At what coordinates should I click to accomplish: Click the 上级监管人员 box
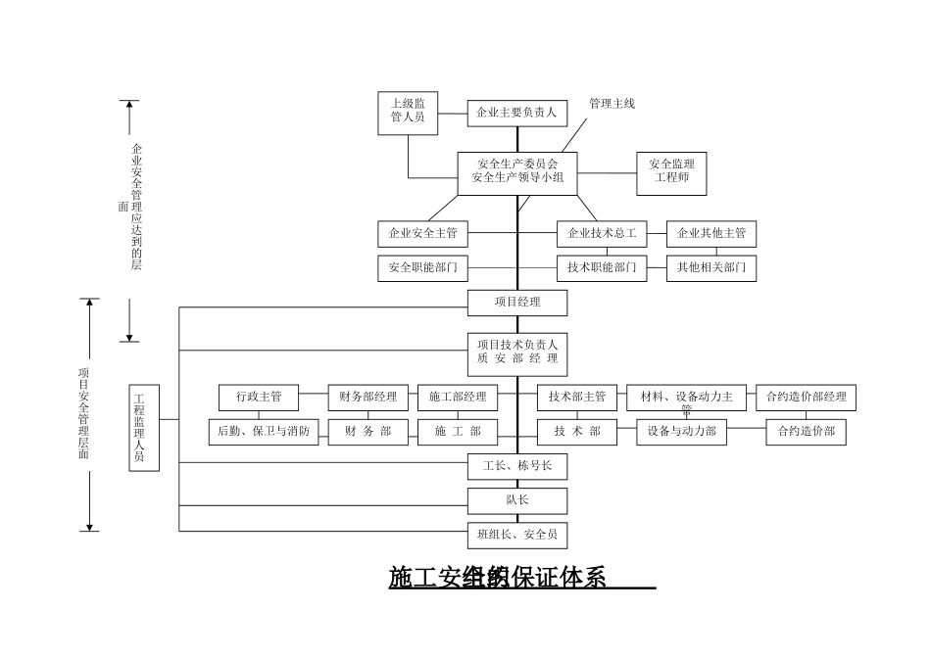point(408,111)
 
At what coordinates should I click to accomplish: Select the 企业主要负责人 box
point(516,114)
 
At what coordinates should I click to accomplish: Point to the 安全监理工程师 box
point(671,172)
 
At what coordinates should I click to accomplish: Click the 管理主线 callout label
point(612,104)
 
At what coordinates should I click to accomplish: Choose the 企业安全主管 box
point(422,234)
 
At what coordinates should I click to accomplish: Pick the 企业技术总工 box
point(603,234)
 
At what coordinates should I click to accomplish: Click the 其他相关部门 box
point(711,266)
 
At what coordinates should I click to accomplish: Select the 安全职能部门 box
point(422,266)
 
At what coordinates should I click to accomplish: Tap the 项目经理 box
point(517,303)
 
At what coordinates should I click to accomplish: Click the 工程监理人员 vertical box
point(143,429)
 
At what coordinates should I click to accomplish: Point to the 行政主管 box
point(259,398)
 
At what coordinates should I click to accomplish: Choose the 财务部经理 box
point(367,398)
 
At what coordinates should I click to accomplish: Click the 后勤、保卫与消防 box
point(265,431)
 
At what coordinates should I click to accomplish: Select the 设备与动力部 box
point(682,431)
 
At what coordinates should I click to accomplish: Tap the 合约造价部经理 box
point(806,398)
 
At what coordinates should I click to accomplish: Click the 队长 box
point(517,500)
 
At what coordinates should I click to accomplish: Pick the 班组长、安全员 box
point(517,535)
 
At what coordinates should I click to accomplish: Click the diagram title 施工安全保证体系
point(498,578)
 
